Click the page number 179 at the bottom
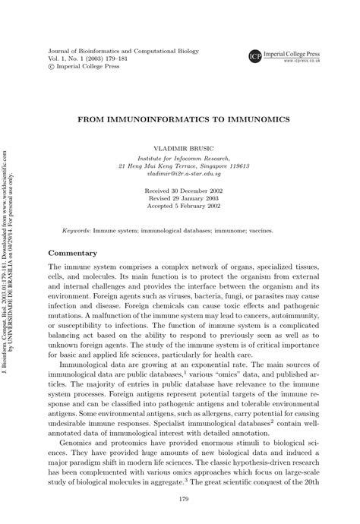(x=180, y=498)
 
